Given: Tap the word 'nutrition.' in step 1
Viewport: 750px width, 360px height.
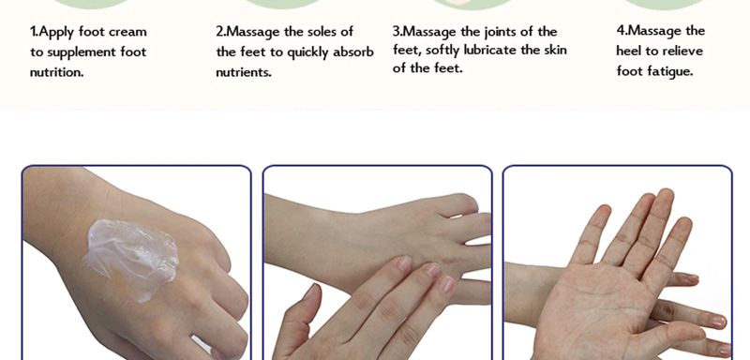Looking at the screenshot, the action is (x=56, y=72).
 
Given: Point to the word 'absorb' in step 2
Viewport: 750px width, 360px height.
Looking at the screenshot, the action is (x=353, y=52).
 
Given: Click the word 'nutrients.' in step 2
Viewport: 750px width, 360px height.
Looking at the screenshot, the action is (x=244, y=72).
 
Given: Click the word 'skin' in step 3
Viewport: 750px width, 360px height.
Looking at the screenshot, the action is (x=555, y=50).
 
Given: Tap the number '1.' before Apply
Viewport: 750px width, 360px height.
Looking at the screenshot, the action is (x=34, y=32).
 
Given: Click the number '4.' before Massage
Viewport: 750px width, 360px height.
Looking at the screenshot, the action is (x=622, y=31).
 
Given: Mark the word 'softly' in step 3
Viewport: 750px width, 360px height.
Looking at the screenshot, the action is (x=442, y=51).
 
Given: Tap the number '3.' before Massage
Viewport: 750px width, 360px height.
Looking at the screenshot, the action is (x=397, y=32).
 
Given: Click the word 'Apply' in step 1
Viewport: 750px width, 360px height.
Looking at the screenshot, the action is (x=57, y=33).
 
